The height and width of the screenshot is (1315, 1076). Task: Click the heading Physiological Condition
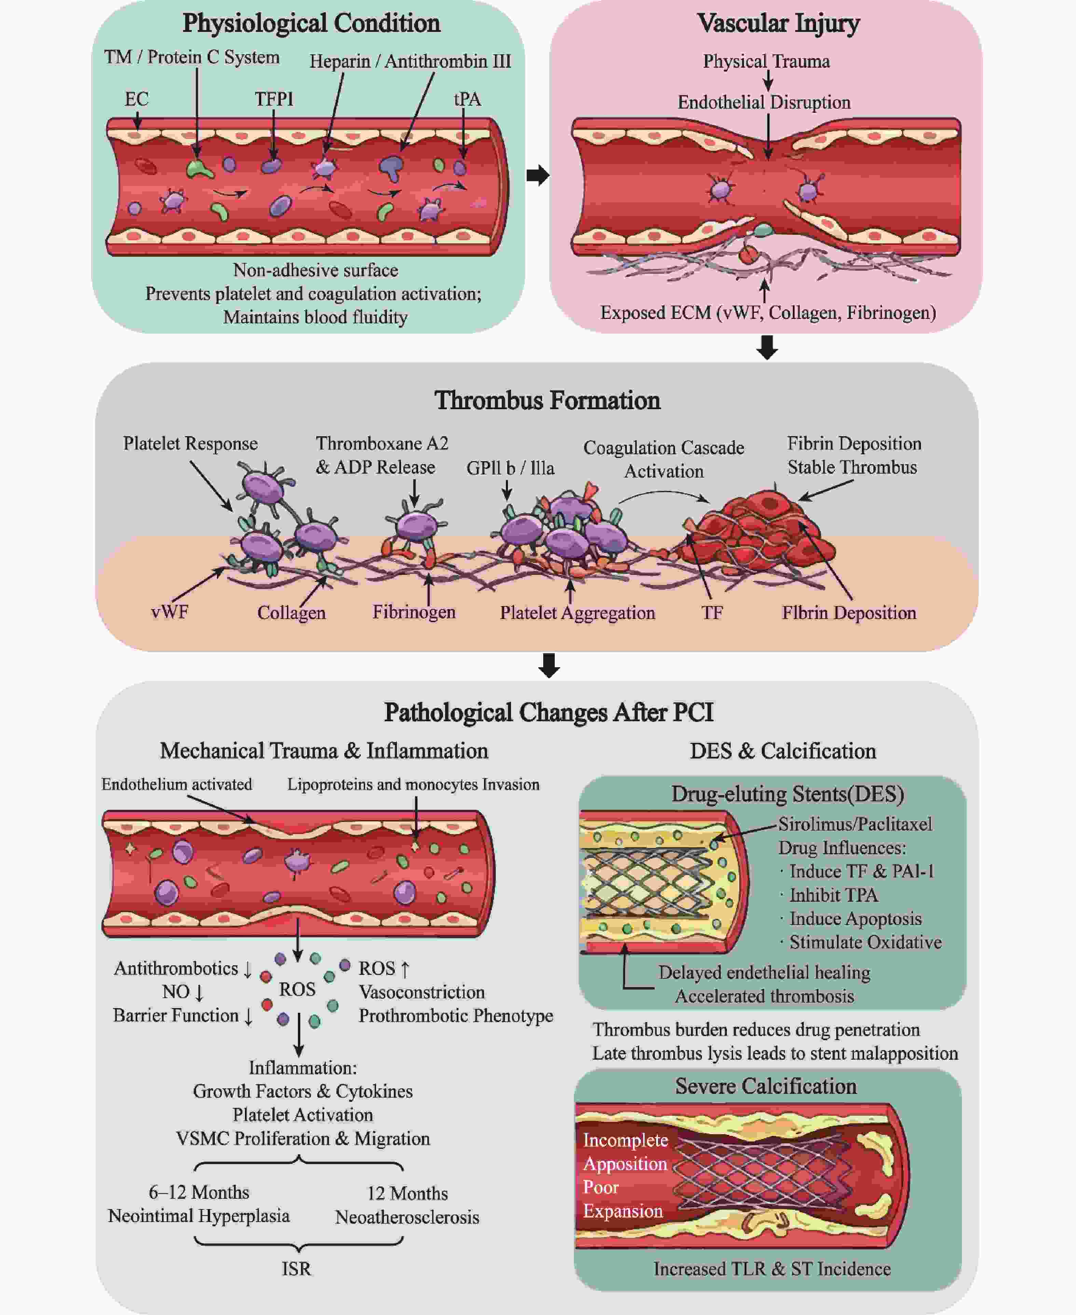click(x=311, y=24)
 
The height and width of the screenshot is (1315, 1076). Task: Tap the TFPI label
click(x=274, y=99)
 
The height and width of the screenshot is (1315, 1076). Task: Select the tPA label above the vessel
click(x=467, y=99)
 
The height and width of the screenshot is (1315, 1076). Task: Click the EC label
click(x=136, y=99)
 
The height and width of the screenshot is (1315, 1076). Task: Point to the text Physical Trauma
click(x=766, y=62)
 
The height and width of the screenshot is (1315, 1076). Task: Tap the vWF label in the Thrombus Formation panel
click(x=169, y=612)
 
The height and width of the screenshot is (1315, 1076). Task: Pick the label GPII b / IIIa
click(x=510, y=468)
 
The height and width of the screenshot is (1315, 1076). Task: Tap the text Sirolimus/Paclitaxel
click(x=855, y=824)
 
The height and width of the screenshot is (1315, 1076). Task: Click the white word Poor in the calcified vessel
click(x=601, y=1187)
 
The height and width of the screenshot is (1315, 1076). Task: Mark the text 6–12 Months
click(x=198, y=1192)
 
